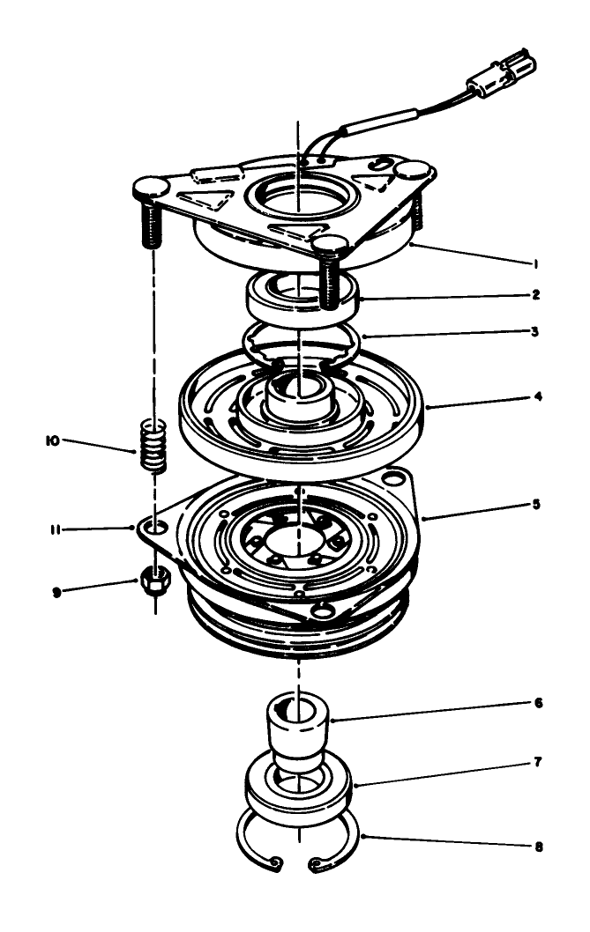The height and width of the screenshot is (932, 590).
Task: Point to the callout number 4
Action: [x=538, y=397]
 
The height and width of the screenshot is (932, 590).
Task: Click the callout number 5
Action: [x=538, y=506]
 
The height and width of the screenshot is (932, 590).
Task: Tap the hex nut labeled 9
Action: [x=154, y=582]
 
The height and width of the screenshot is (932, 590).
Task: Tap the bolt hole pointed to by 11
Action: [x=155, y=529]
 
